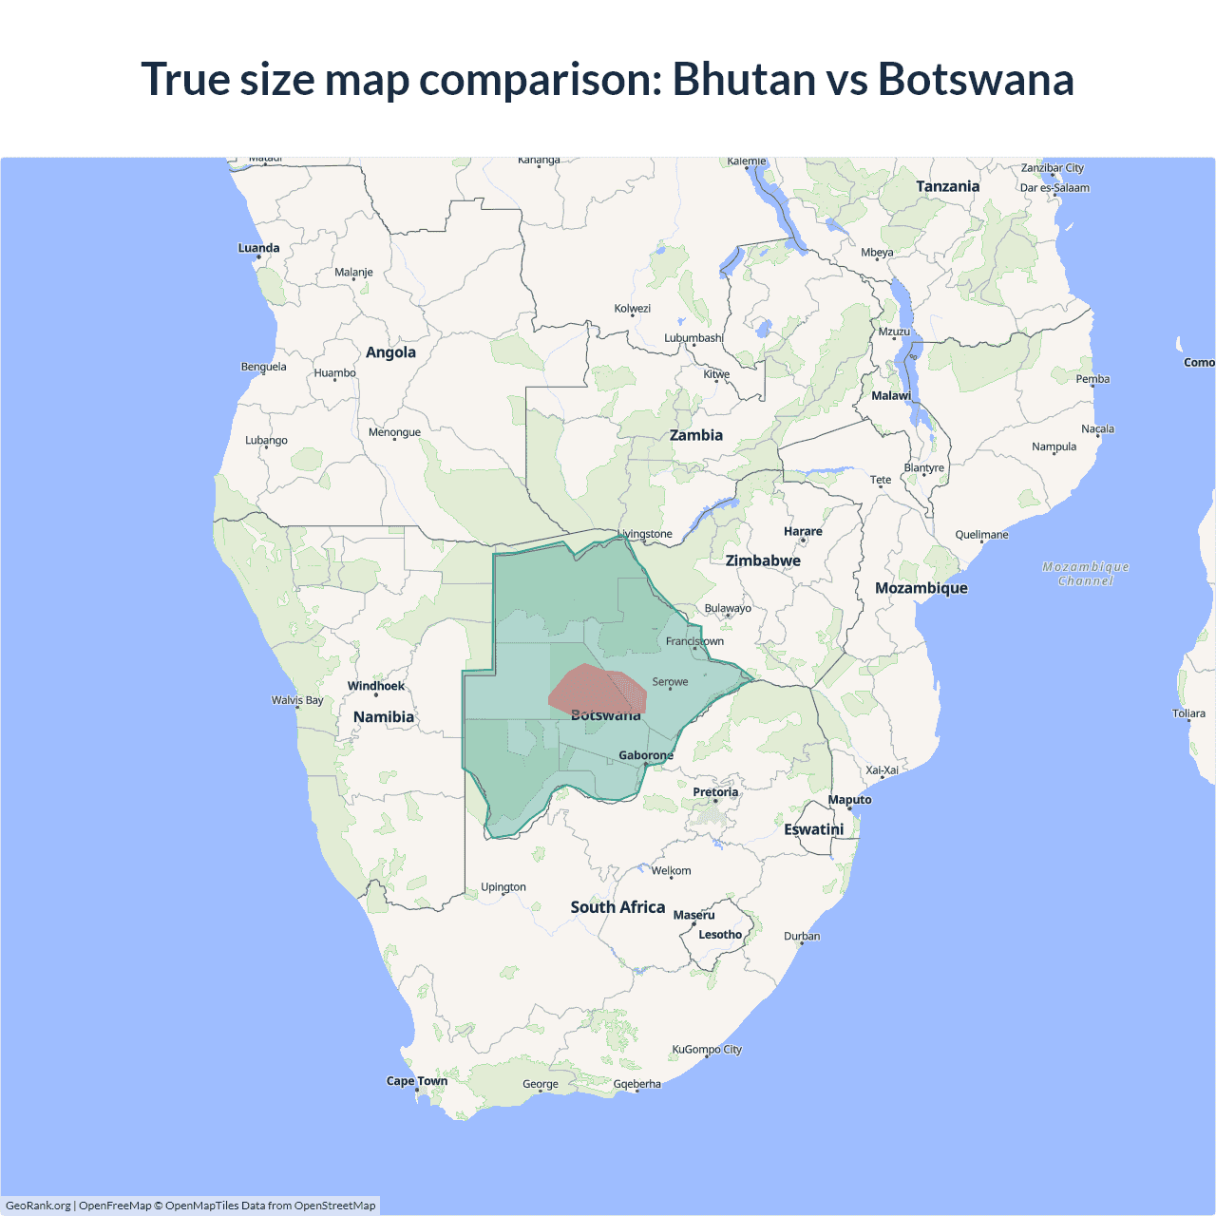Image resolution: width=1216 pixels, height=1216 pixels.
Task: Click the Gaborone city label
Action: coord(646,755)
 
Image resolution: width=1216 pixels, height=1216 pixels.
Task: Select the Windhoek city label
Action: coord(376,686)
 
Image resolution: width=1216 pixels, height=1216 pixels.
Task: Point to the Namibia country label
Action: coord(384,717)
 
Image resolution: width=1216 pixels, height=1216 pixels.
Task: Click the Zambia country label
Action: coord(696,435)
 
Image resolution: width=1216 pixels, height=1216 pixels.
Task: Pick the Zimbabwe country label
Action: coord(763,560)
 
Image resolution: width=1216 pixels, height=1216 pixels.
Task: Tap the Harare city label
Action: coord(803,532)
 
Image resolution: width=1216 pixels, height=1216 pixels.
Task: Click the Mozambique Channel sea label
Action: coord(1086,574)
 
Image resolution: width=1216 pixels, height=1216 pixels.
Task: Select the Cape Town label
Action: coord(417,1081)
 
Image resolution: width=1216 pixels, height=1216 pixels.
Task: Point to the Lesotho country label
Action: coord(720,935)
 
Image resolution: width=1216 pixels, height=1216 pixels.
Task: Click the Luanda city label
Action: coord(258,248)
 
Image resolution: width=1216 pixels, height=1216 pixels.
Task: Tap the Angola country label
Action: coord(390,352)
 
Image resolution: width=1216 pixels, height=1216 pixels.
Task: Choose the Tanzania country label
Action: coord(947,186)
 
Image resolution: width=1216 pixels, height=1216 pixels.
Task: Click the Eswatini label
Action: coord(814,829)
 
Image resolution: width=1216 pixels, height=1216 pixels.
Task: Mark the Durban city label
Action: coord(802,936)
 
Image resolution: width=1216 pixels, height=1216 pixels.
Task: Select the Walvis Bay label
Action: coord(297,700)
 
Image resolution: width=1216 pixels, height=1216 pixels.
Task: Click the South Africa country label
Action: coord(617,907)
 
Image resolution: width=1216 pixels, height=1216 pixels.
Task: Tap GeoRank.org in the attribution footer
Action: coord(38,1206)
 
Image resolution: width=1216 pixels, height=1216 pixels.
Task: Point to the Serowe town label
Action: coord(670,682)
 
